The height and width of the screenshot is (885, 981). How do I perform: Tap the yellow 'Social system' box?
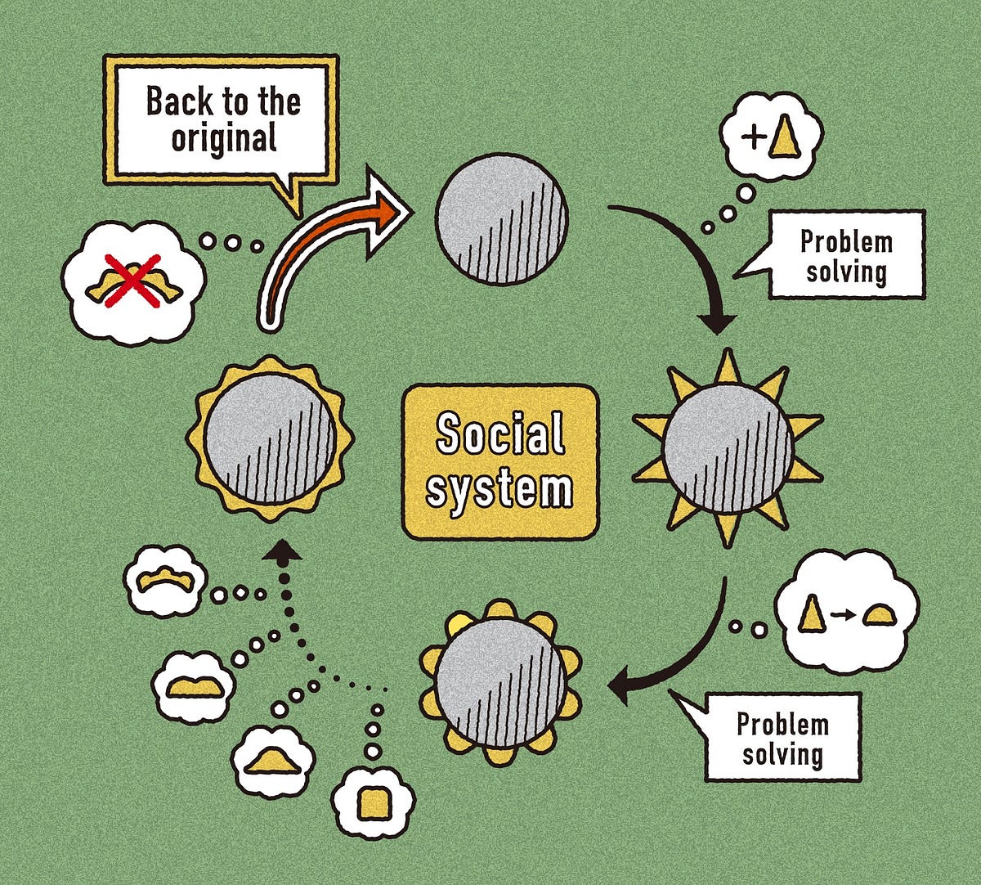(x=500, y=462)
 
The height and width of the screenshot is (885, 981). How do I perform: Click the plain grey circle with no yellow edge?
(x=501, y=219)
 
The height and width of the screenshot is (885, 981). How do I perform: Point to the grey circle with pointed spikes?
(x=727, y=447)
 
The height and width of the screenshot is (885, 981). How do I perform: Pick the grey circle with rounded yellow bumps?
(x=500, y=682)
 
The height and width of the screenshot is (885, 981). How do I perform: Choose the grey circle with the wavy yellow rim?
(x=270, y=438)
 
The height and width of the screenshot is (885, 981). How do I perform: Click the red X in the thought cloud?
(x=131, y=280)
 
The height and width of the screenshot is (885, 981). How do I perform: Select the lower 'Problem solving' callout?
(x=782, y=737)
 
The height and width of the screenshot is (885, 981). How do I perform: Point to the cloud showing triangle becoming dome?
(x=846, y=612)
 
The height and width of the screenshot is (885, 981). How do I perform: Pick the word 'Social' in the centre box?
(x=500, y=434)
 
